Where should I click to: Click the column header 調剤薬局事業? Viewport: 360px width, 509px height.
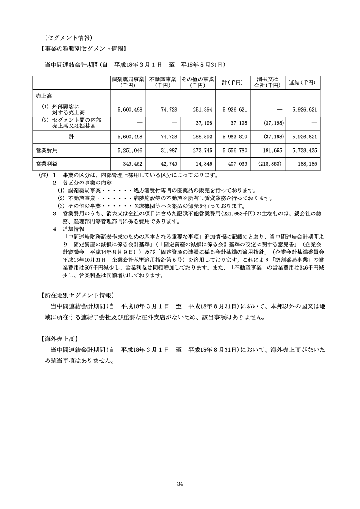(x=128, y=82)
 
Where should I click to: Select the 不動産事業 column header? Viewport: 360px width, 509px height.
(x=163, y=82)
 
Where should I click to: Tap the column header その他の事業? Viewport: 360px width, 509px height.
(x=198, y=82)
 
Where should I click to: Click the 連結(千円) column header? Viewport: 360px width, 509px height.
(x=302, y=82)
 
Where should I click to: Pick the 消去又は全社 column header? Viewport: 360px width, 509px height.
(x=267, y=82)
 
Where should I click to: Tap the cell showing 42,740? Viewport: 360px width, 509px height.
(x=168, y=163)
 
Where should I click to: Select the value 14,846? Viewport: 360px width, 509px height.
(x=203, y=163)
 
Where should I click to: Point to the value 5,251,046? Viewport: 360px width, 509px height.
(x=130, y=149)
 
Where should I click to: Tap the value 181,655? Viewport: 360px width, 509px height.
(x=273, y=149)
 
